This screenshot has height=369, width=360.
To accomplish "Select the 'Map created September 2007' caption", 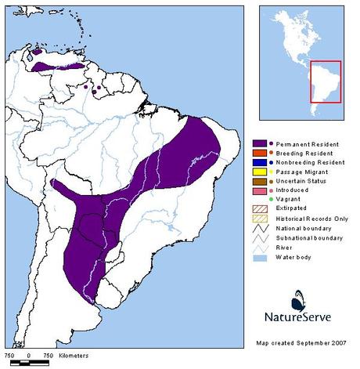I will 301,342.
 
